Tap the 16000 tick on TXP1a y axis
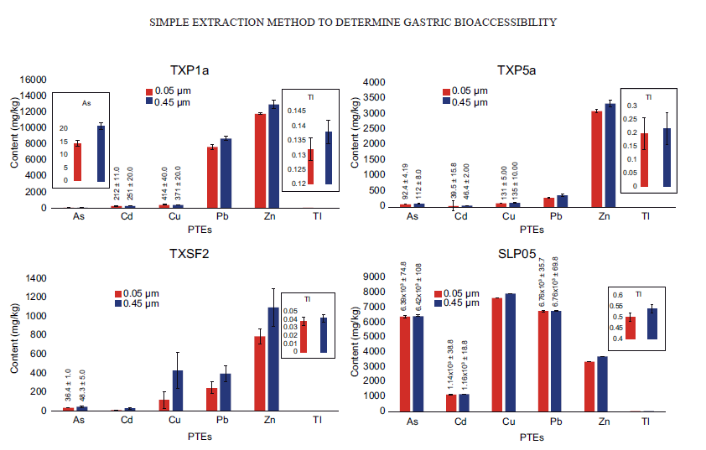tap(34, 80)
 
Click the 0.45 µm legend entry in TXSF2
tap(140, 304)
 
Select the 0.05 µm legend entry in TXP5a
tap(470, 91)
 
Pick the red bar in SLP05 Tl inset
tap(631, 327)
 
